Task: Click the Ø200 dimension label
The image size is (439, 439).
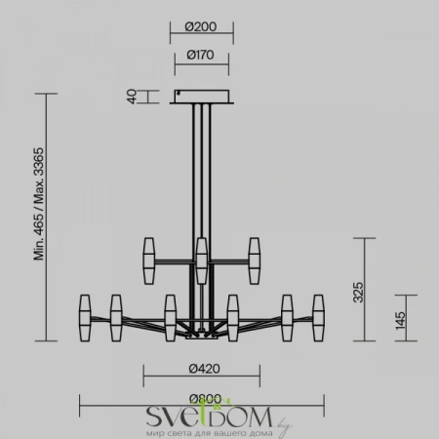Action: [204, 27]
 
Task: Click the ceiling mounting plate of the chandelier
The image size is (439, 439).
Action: [204, 96]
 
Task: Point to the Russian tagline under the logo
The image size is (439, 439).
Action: [203, 431]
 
